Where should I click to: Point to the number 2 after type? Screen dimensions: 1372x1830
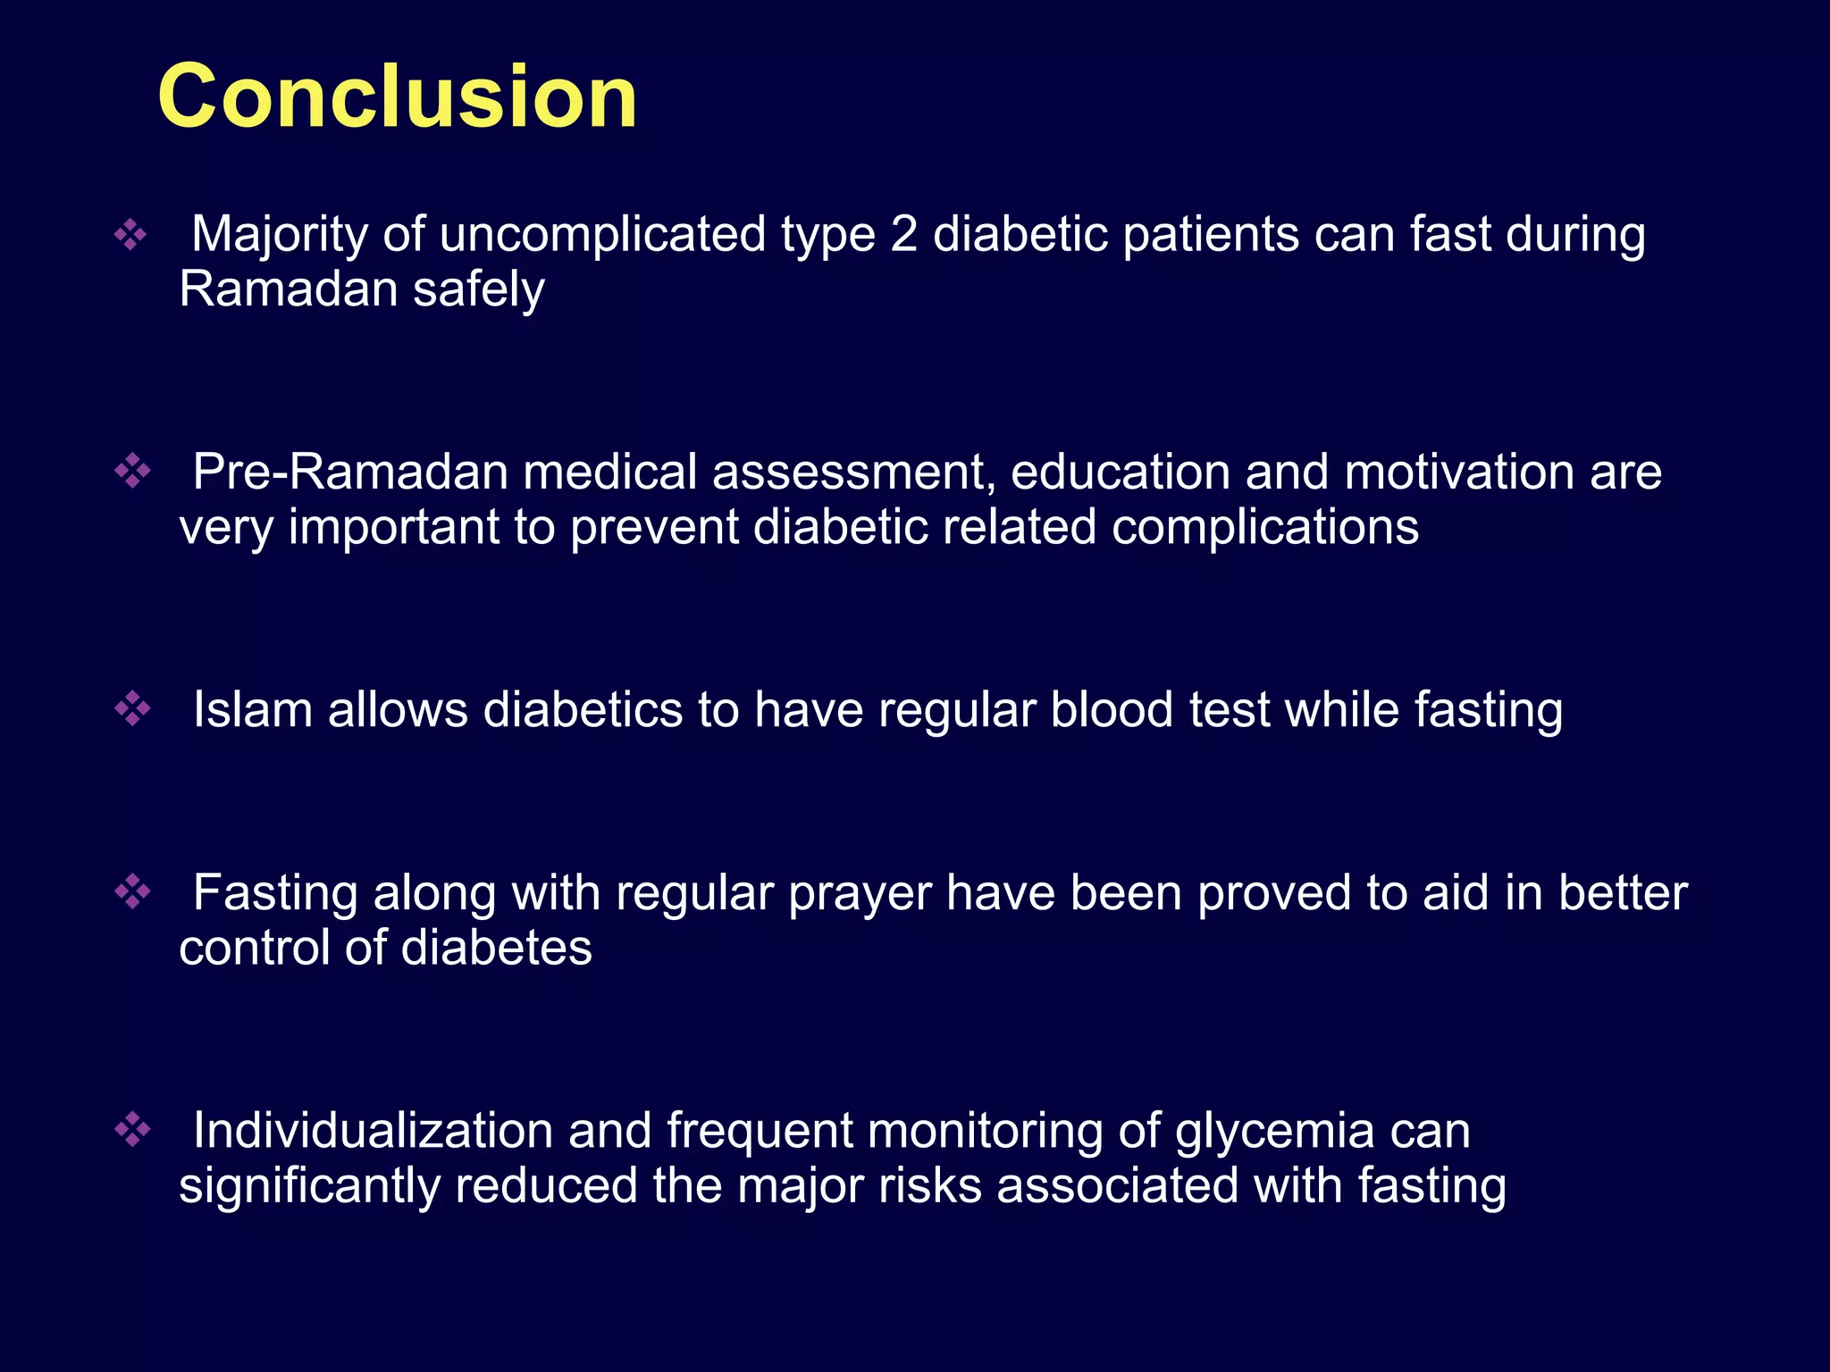[904, 234]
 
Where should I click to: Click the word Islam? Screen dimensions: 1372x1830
[254, 710]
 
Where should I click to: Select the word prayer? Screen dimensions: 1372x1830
[859, 893]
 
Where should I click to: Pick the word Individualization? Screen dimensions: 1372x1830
[373, 1131]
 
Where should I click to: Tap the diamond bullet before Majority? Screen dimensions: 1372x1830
[130, 234]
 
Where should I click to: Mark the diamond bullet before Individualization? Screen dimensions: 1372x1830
[132, 1129]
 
